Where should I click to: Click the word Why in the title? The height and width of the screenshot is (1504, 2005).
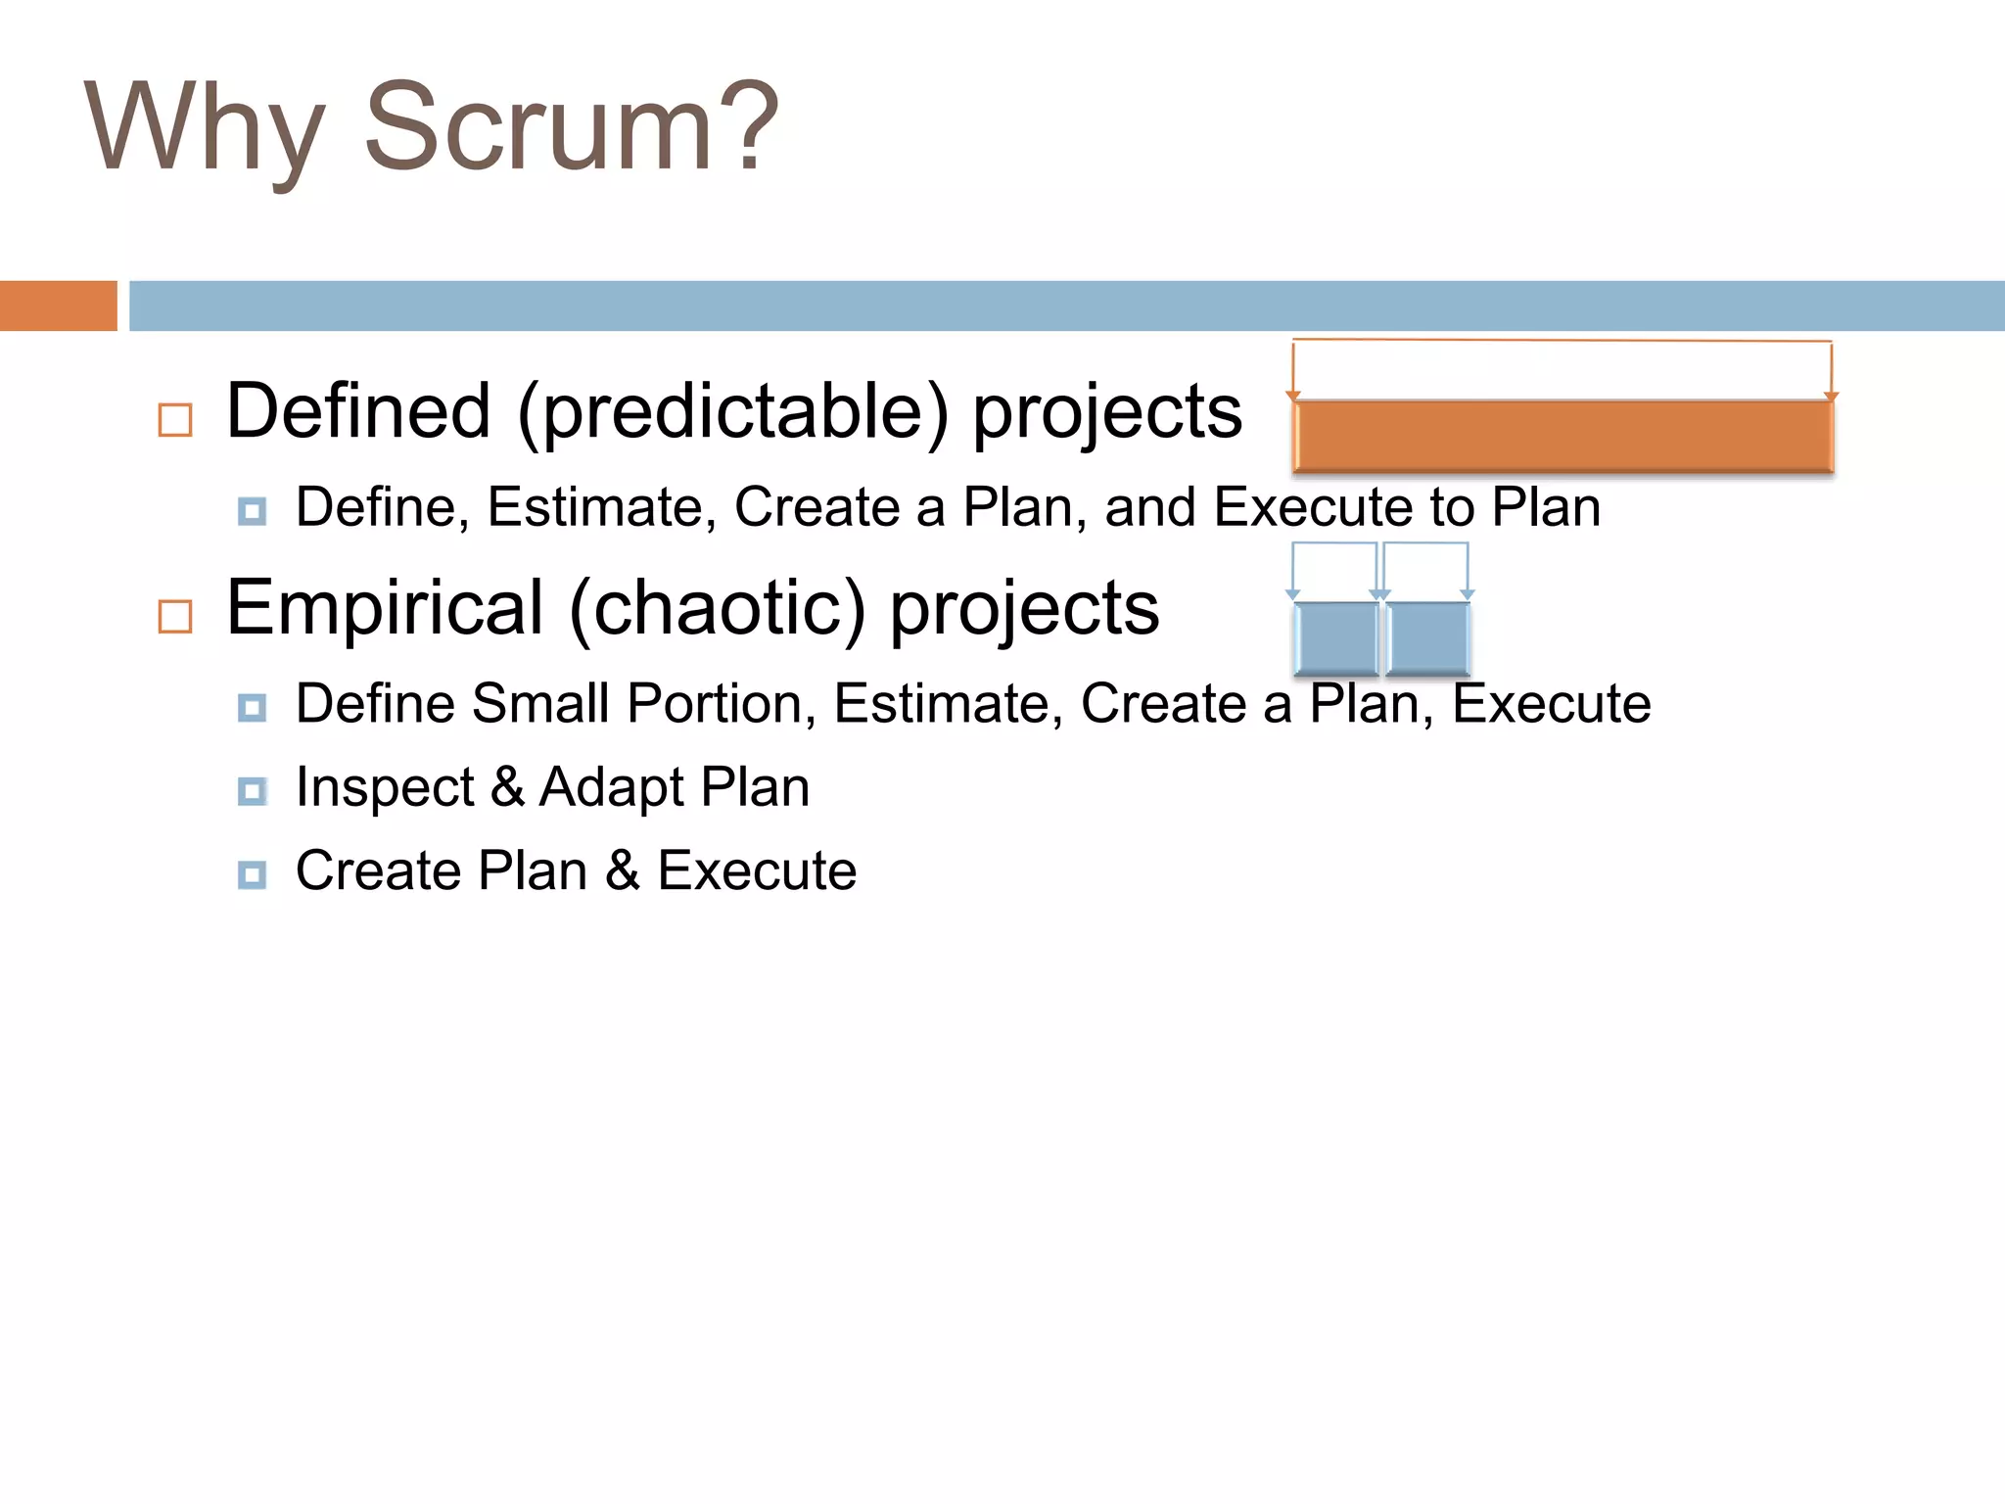204,127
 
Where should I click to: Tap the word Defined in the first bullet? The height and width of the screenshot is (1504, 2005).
358,411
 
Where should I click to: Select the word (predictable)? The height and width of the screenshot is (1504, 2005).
733,411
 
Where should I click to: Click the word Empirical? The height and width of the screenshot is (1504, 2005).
385,608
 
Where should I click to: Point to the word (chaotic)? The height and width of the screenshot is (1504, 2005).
718,608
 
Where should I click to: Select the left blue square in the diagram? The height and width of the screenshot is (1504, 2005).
1335,638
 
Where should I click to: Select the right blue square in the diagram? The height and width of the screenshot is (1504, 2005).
1427,638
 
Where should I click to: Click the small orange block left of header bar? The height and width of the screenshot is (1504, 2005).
58,305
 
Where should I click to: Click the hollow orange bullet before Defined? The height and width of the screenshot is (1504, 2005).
175,420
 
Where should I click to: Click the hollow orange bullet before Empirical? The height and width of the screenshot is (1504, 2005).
175,617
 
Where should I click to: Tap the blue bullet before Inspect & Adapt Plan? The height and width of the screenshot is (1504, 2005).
252,791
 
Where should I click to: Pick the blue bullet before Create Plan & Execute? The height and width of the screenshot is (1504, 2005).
252,874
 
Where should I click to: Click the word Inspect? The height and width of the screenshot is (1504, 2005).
385,788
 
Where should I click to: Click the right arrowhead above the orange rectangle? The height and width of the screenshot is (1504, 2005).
1831,397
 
